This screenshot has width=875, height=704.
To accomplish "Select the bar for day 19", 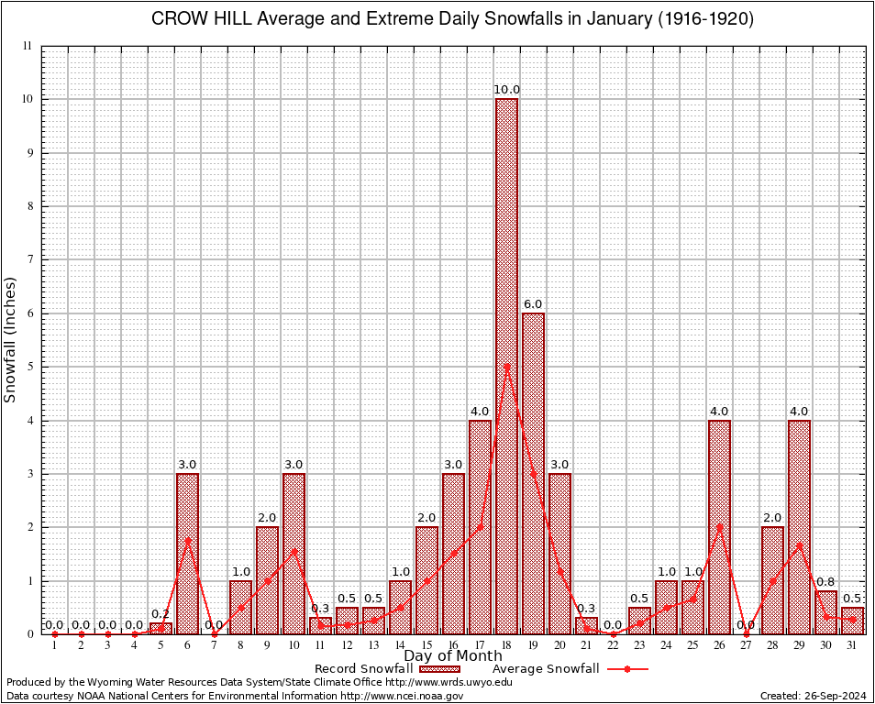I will (533, 473).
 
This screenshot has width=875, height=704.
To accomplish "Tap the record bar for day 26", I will (719, 526).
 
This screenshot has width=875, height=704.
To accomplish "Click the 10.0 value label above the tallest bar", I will (506, 90).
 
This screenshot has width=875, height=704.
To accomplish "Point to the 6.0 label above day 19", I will (533, 304).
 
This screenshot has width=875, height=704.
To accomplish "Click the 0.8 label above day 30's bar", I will (825, 582).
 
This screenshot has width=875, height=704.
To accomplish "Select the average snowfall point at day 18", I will (506, 367).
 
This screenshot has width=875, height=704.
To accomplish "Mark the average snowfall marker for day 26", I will (719, 526).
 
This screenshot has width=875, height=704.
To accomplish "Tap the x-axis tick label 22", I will (613, 645).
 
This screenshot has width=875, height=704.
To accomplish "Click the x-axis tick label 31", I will (852, 645).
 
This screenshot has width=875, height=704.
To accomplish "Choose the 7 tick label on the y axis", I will (28, 259).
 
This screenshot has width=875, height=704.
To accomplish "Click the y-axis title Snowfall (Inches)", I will (11, 339).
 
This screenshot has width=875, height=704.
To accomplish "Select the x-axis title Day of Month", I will (452, 656).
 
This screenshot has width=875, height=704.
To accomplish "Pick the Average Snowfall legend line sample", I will (627, 669).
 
